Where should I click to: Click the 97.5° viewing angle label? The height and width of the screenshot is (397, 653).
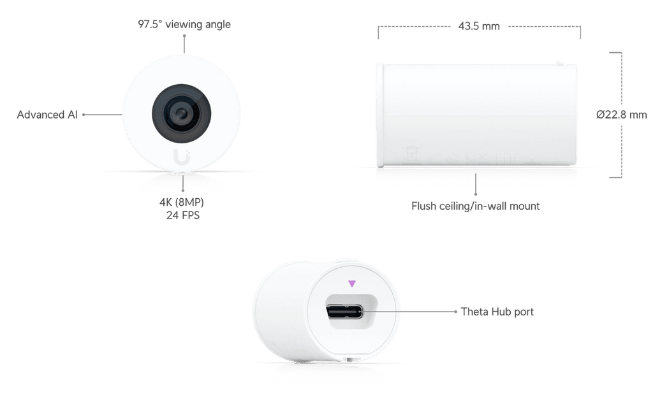coord(184,24)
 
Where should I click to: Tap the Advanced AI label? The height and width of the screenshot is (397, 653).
coord(47,115)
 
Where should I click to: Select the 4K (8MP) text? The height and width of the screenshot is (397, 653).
coord(182,202)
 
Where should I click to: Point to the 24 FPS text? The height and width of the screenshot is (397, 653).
coord(183,215)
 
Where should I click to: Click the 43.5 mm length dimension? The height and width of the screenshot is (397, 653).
coord(479,26)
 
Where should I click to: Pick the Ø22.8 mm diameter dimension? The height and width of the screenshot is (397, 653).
coord(621,115)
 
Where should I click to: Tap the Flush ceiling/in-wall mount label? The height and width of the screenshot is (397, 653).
coord(475,206)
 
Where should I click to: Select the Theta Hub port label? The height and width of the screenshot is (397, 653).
coord(497,312)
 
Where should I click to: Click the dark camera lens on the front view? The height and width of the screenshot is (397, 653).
coord(181,113)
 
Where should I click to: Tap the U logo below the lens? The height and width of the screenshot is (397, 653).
coord(182,157)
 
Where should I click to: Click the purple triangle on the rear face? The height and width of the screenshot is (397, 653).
coord(352,284)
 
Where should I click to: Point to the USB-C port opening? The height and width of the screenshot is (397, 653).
coord(344,312)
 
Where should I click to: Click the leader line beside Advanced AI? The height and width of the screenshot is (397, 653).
coord(102,115)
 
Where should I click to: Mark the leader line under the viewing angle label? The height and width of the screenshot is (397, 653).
coord(184,44)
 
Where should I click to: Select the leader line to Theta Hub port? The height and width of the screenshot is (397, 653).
coord(409,311)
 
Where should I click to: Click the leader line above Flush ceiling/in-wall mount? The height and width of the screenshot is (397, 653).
coord(475,184)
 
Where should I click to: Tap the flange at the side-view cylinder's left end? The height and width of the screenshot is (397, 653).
coord(380,115)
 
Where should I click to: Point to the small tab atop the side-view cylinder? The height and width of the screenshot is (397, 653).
coord(560,64)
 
